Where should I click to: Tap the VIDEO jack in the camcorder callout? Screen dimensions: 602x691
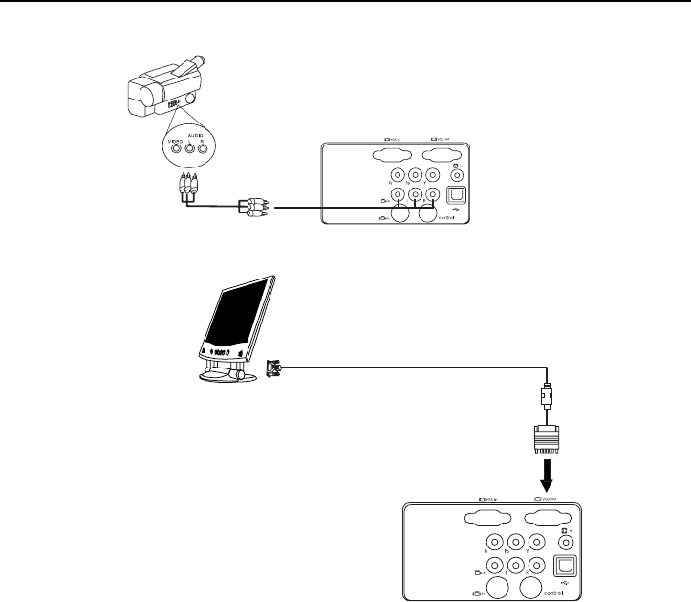point(175,148)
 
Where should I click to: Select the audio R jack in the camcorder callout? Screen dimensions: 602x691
point(204,148)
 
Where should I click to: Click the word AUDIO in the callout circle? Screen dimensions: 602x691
point(196,135)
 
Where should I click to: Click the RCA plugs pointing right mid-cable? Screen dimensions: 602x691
point(254,206)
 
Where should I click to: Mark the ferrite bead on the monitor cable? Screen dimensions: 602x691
point(546,394)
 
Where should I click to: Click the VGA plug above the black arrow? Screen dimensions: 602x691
point(546,440)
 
